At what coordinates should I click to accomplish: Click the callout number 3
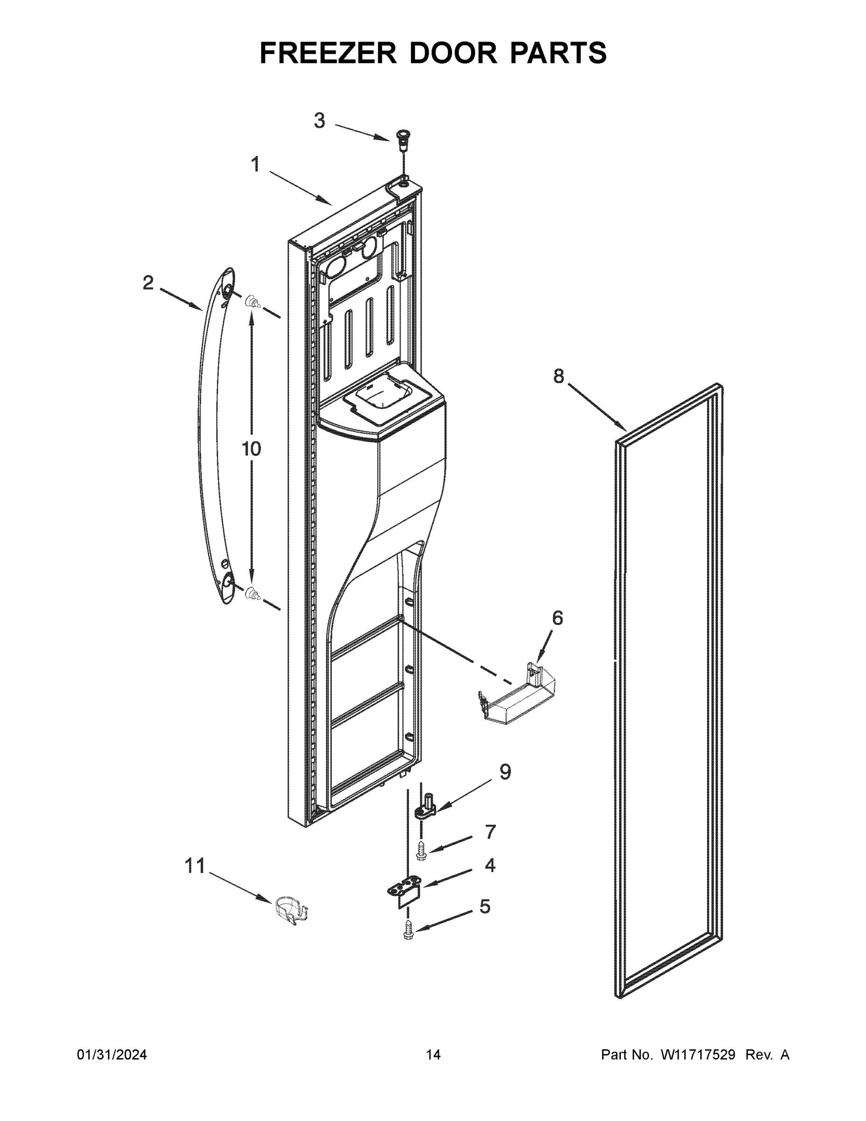(319, 121)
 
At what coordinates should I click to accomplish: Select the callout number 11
(195, 866)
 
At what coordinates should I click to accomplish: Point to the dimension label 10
(251, 449)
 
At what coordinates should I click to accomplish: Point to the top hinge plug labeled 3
(402, 139)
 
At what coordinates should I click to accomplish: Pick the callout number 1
(255, 165)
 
